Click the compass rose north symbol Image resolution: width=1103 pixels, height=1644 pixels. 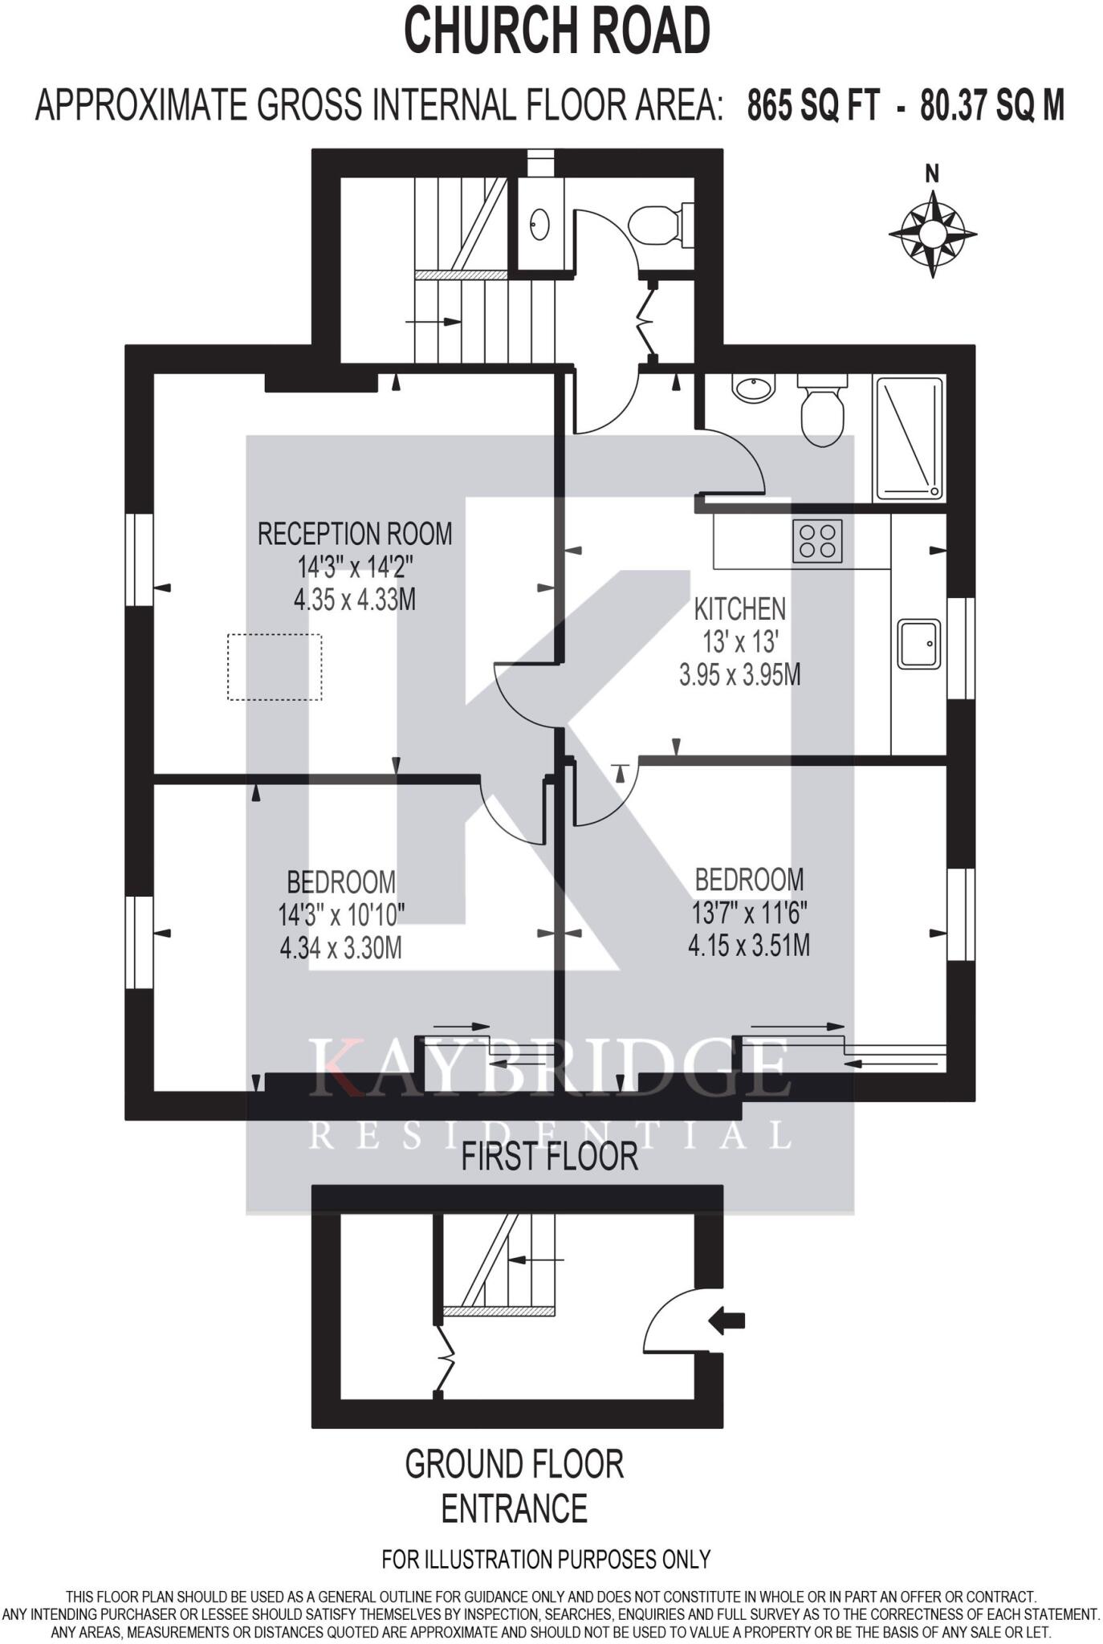click(933, 232)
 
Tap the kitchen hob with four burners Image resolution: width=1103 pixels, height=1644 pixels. click(817, 541)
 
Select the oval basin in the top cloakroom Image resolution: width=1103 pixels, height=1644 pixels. click(539, 224)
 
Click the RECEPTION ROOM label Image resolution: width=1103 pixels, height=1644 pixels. click(355, 534)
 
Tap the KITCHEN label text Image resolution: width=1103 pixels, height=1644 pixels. click(739, 609)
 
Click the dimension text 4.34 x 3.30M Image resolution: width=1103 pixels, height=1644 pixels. click(341, 948)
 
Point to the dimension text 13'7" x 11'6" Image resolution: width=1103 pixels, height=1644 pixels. click(749, 913)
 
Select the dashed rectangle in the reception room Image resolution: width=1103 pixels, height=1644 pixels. click(275, 666)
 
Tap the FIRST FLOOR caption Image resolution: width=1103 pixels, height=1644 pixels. click(549, 1157)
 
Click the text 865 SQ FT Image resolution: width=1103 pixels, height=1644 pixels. click(812, 105)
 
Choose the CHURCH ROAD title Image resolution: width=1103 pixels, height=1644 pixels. click(556, 31)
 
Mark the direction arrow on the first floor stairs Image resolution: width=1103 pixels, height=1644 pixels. click(433, 322)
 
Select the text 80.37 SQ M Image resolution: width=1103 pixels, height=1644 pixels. click(992, 105)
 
